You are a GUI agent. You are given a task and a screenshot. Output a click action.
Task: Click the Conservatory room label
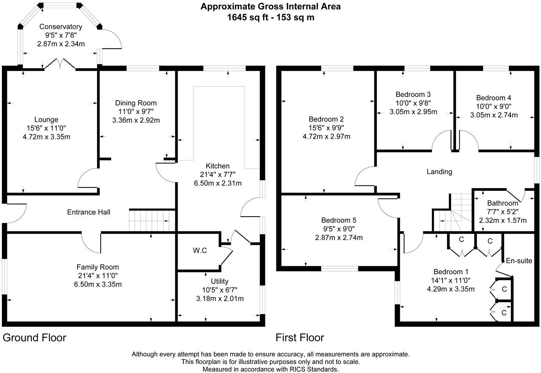61,27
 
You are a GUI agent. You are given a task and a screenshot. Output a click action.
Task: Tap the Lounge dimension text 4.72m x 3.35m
46,137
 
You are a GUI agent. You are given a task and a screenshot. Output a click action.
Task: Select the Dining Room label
136,103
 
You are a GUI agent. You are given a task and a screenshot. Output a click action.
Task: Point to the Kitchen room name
218,166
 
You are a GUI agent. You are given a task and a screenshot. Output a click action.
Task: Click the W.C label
200,250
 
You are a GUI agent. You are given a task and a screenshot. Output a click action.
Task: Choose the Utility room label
219,282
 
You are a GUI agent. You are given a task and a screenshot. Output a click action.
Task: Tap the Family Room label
98,267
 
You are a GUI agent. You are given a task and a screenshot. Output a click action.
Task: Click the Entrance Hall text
89,212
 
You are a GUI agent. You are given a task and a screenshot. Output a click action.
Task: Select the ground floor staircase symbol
149,220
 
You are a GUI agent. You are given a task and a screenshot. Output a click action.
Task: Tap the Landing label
439,171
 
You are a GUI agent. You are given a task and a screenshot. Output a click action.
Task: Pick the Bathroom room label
503,203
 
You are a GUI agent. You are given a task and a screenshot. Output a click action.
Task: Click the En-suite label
519,261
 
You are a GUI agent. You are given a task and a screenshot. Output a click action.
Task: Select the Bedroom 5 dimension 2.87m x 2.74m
339,238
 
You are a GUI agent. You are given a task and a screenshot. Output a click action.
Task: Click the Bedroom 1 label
451,272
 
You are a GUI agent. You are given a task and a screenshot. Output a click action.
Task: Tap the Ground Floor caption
35,338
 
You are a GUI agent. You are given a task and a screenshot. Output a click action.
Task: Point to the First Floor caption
300,338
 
